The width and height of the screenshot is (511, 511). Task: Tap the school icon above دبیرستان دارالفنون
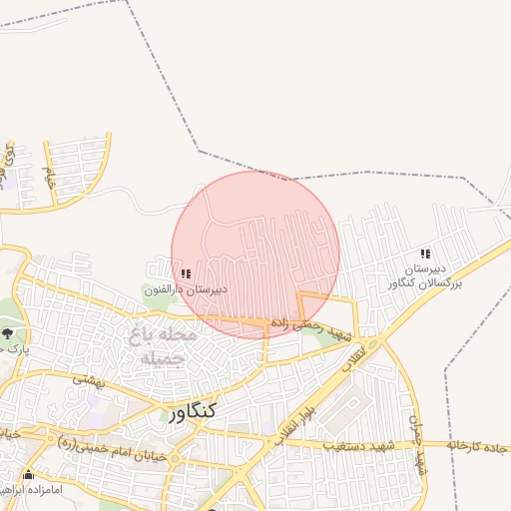pyautogui.click(x=186, y=273)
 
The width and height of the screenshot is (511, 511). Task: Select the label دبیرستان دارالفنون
pyautogui.click(x=186, y=289)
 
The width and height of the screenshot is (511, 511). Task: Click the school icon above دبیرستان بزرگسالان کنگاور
pyautogui.click(x=426, y=255)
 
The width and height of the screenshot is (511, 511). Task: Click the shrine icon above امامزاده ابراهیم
pyautogui.click(x=29, y=475)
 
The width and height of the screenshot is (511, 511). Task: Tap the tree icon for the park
pyautogui.click(x=9, y=332)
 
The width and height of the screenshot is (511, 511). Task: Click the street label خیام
pyautogui.click(x=49, y=177)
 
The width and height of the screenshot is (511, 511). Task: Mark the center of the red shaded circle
pyautogui.click(x=255, y=255)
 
